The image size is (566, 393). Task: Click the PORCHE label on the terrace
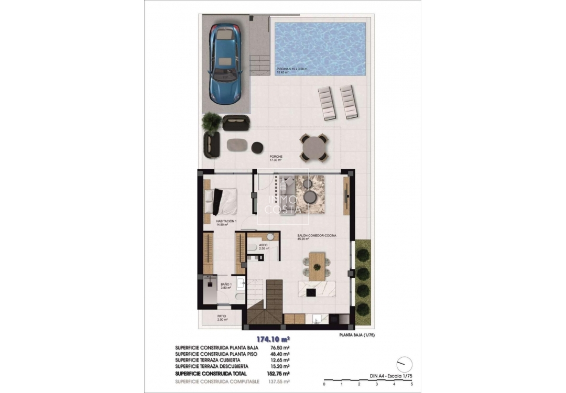click(276, 157)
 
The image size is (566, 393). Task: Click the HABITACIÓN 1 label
click(227, 222)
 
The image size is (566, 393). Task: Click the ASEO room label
click(264, 245)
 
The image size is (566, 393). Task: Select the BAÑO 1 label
click(226, 285)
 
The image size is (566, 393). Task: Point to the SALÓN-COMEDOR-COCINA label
click(316, 236)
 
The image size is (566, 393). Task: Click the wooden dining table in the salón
click(316, 266)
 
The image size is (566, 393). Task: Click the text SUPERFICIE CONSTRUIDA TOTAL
click(215, 373)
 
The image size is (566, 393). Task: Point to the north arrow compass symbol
click(404, 363)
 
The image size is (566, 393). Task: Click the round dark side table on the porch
click(257, 148)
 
